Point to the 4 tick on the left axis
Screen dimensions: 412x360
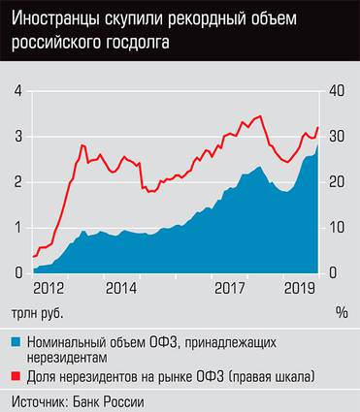click(18, 91)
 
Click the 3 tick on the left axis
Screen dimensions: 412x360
click(18, 137)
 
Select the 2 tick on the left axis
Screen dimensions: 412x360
click(18, 182)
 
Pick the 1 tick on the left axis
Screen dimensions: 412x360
click(18, 228)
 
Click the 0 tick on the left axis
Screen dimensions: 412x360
click(18, 272)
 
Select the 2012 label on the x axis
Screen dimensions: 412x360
click(49, 288)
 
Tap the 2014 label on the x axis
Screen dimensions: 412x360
click(121, 288)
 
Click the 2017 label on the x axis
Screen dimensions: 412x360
click(229, 288)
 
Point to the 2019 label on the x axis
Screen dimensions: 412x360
click(301, 288)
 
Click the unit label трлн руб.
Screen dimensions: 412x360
click(41, 312)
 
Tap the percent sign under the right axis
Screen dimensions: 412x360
click(342, 312)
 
